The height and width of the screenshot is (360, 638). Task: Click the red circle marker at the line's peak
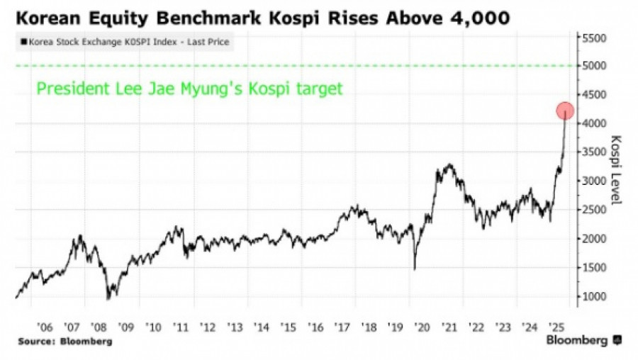(565, 111)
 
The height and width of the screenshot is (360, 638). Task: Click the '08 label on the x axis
(99, 328)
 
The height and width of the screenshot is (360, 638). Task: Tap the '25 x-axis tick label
(557, 328)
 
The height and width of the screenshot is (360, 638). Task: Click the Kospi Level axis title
(615, 170)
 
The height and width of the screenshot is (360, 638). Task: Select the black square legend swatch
(24, 43)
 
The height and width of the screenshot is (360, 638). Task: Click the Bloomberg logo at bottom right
(582, 341)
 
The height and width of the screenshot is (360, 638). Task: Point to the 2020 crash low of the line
(415, 269)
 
